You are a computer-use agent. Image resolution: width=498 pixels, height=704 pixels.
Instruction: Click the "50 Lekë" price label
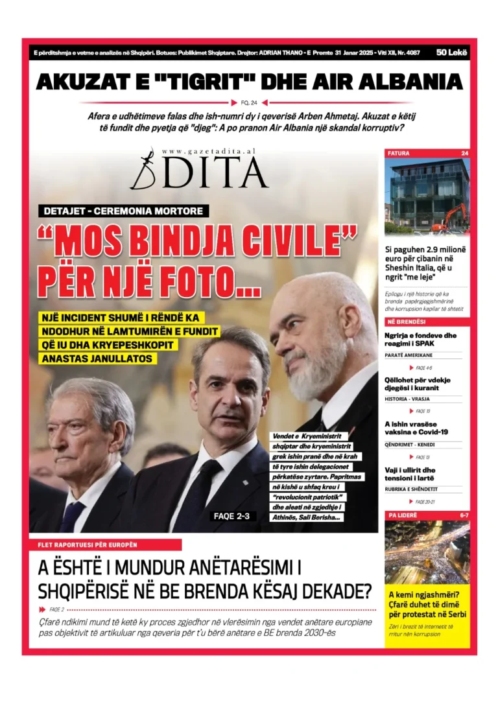click(452, 53)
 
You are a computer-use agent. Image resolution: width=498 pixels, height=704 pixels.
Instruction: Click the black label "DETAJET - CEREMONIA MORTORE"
click(123, 211)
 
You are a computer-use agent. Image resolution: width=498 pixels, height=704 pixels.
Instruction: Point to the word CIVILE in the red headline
click(302, 241)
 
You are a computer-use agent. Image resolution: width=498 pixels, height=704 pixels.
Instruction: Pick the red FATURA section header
click(399, 154)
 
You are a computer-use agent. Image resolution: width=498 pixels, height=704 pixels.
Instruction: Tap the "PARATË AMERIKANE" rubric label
click(409, 355)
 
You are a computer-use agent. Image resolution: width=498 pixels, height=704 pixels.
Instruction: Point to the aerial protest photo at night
click(427, 552)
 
